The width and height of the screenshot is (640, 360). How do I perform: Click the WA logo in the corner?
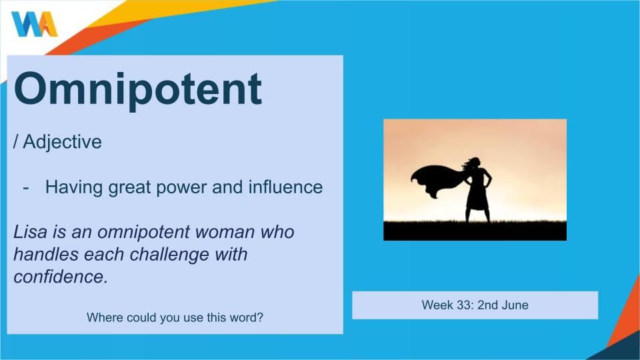tap(34, 24)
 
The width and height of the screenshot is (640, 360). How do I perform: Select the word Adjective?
tap(63, 142)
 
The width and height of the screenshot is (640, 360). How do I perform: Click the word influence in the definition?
tap(286, 187)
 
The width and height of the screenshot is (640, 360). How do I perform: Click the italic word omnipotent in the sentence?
tap(144, 232)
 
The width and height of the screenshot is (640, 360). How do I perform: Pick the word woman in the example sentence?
tap(225, 232)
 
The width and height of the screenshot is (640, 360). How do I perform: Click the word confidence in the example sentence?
tap(61, 277)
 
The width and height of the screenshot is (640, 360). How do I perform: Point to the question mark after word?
tap(260, 317)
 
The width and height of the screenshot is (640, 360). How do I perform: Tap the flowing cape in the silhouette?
tap(437, 180)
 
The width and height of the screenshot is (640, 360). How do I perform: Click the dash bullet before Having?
tap(26, 188)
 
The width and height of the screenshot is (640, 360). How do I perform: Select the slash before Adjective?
tap(16, 141)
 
